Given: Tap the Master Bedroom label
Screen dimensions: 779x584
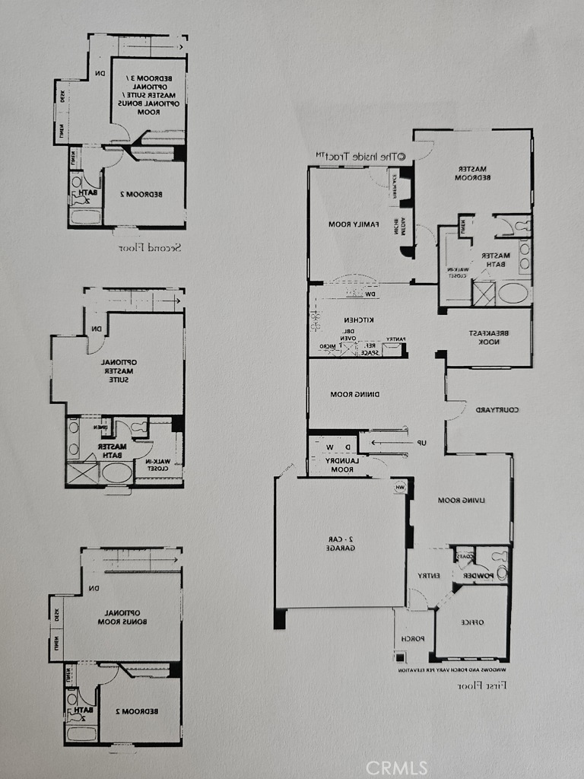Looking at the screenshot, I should (471, 173).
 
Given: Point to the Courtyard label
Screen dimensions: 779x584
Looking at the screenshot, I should (497, 410).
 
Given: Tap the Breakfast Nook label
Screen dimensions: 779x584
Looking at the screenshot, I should (488, 338).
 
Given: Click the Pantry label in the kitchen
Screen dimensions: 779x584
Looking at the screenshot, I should (395, 339).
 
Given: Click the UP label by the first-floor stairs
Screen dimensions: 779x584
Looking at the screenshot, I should (420, 444).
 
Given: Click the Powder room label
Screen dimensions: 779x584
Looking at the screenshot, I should (476, 576).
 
